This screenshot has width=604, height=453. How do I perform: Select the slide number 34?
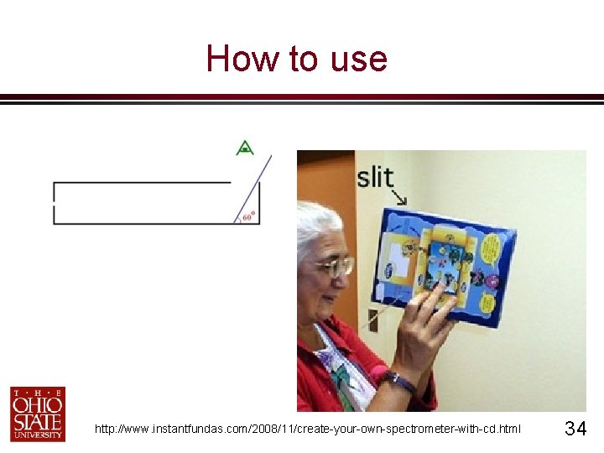click(575, 430)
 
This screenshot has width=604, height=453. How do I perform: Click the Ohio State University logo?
click(37, 413)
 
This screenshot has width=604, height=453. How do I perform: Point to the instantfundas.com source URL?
click(307, 430)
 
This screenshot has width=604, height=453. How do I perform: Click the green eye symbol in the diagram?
click(245, 148)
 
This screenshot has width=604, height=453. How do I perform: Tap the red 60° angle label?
click(247, 216)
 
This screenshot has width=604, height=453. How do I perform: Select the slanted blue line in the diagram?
click(256, 190)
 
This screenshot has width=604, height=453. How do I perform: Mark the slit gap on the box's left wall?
click(54, 203)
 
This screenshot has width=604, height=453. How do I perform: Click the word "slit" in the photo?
click(375, 177)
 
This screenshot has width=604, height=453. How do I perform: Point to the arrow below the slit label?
click(398, 199)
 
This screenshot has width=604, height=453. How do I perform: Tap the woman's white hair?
click(319, 226)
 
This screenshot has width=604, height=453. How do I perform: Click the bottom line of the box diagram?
click(143, 224)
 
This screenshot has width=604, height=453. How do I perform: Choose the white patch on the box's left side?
click(395, 268)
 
